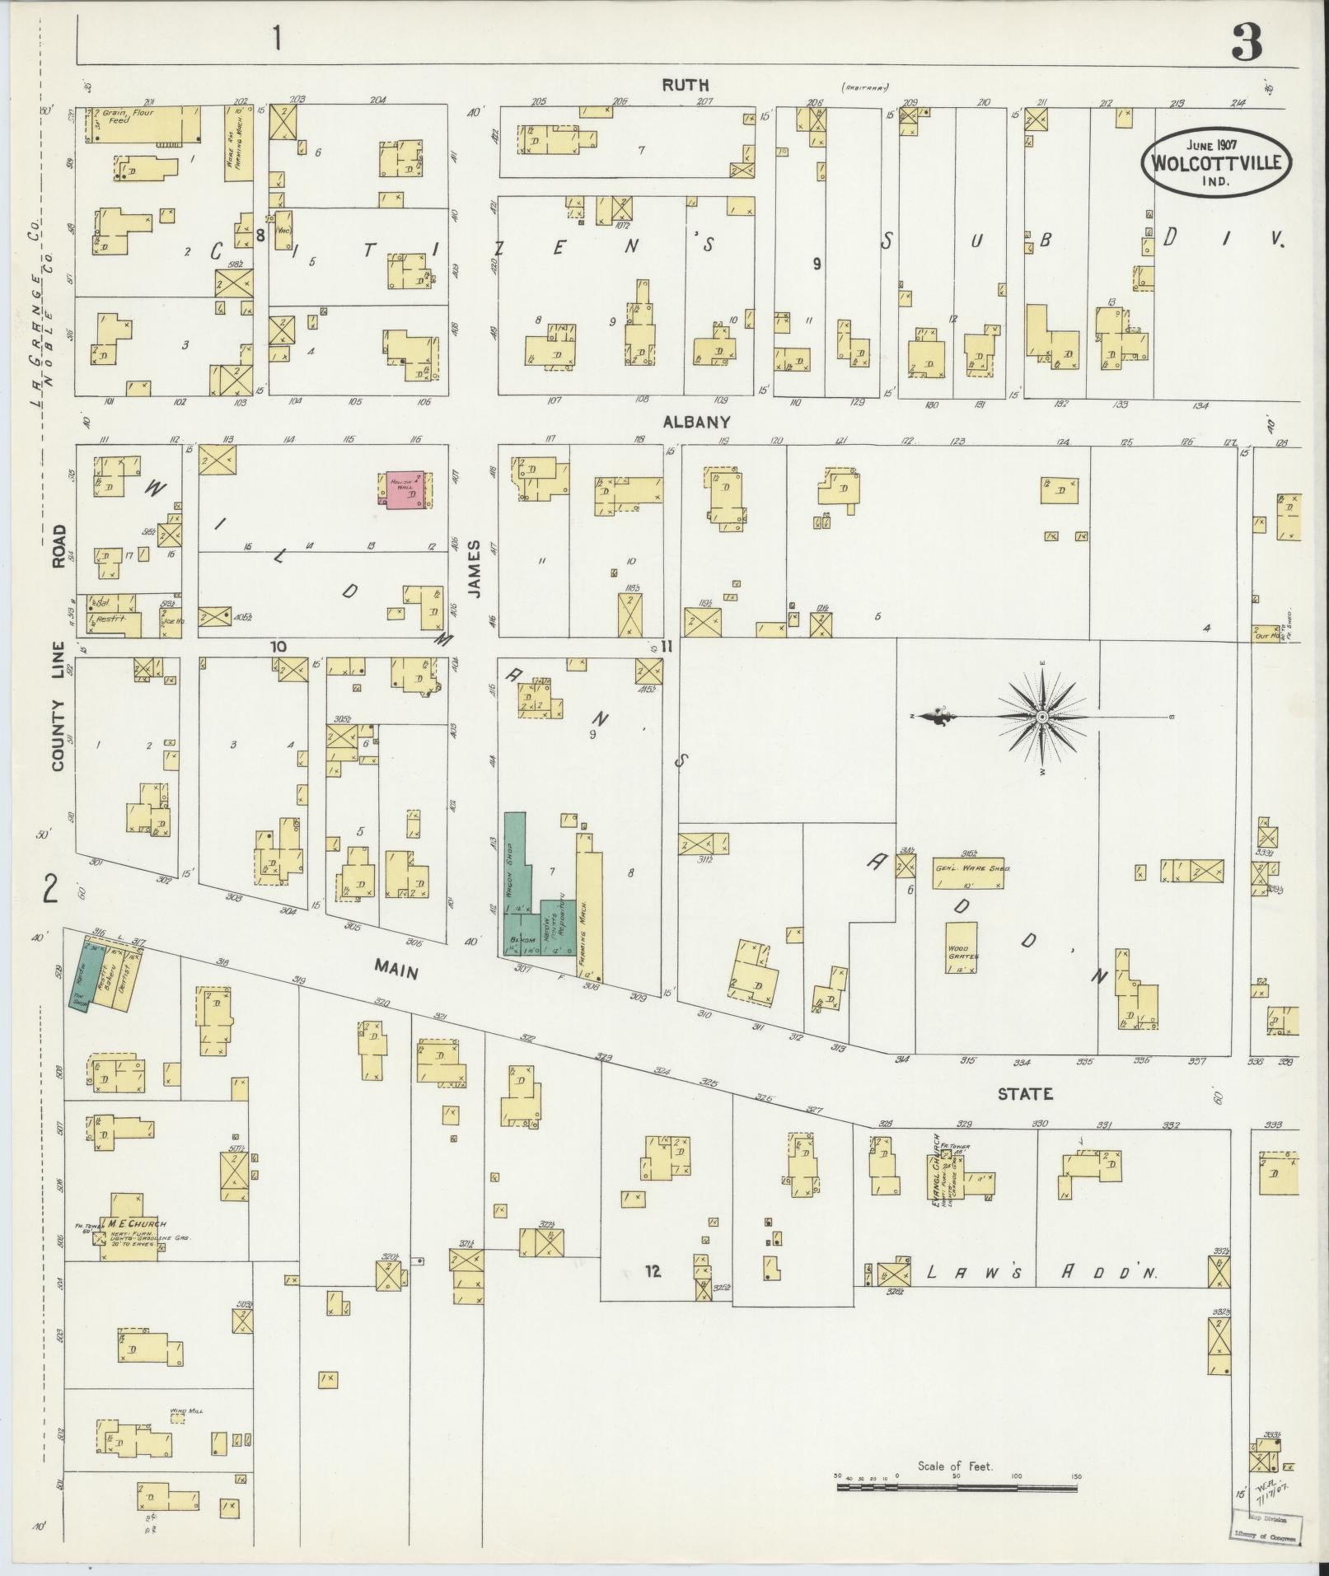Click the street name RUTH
pyautogui.click(x=685, y=85)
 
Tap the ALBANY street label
pyautogui.click(x=696, y=422)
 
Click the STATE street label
pyautogui.click(x=1025, y=1094)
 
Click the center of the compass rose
pyautogui.click(x=1042, y=718)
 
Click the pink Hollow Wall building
pyautogui.click(x=404, y=489)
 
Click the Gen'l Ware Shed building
pyautogui.click(x=968, y=872)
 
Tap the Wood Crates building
pyautogui.click(x=962, y=947)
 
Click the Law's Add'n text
pyautogui.click(x=1041, y=1296)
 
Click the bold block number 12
pyautogui.click(x=653, y=1294)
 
